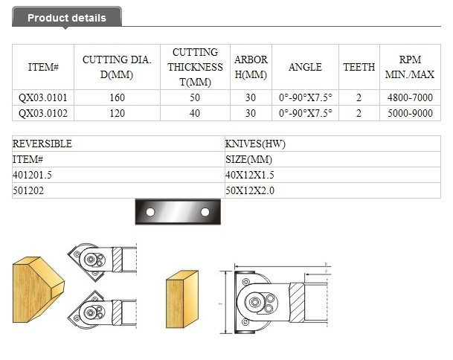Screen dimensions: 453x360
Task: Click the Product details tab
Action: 67,17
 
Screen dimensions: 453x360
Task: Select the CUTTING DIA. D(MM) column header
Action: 117,67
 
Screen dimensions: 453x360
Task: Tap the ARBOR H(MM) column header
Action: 251,67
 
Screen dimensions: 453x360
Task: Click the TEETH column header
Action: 359,67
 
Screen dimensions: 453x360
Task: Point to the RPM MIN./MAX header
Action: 410,67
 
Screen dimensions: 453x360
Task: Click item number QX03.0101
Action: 42,97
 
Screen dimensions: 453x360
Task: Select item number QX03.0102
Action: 42,113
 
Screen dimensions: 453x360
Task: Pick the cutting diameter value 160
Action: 117,97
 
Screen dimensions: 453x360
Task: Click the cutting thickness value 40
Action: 195,113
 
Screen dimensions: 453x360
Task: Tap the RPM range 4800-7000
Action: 410,97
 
